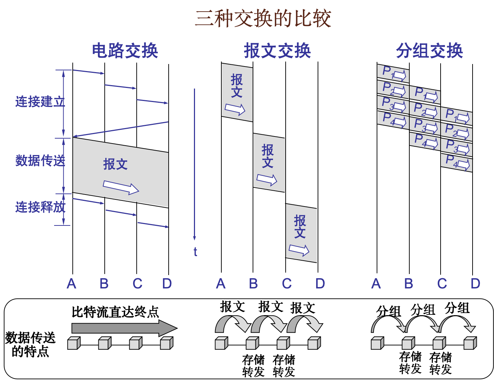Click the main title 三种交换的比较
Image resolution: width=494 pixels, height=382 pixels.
pos(263,19)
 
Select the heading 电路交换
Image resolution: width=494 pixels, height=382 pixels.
pos(125,51)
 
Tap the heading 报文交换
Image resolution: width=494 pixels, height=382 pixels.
pos(277,51)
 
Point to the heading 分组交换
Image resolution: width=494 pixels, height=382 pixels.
pos(429,51)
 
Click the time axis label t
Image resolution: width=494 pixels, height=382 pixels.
pos(195,252)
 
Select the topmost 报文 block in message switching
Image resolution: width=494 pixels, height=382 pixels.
pos(237,92)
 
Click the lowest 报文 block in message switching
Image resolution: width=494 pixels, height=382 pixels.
pos(301,233)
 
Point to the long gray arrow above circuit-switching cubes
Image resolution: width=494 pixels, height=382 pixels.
pos(123,328)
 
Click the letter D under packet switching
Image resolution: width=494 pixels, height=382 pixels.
pos(475,284)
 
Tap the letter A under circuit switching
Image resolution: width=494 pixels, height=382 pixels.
pos(71,284)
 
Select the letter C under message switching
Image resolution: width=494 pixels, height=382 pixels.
pos(287,284)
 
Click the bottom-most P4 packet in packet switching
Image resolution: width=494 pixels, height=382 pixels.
pos(456,163)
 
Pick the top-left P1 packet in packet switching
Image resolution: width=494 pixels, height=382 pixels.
pos(393,74)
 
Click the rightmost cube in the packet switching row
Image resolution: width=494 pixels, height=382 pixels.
pos(470,343)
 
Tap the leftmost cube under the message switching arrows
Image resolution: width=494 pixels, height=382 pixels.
pos(221,343)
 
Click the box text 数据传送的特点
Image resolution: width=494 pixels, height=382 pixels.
pos(30,344)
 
